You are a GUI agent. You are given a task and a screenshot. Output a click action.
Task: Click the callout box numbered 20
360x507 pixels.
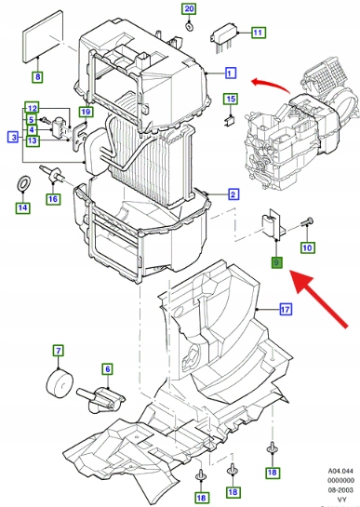click(189, 8)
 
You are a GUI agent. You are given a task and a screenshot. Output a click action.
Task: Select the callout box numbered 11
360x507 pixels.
click(258, 33)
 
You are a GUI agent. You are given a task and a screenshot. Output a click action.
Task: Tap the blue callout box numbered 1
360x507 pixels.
click(230, 73)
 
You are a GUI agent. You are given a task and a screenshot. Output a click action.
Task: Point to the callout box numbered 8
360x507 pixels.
click(38, 76)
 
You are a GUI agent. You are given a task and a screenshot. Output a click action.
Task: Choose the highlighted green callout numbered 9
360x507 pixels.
click(276, 262)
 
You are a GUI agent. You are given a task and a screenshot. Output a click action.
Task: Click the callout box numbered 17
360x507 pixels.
click(286, 310)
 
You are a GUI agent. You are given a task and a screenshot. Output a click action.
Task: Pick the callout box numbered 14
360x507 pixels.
click(22, 207)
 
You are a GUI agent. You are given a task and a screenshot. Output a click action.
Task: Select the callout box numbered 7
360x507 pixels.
click(59, 351)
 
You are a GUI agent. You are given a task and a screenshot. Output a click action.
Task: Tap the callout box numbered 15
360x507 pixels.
click(231, 99)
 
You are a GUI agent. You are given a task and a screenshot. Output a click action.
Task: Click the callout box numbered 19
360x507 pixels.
click(86, 112)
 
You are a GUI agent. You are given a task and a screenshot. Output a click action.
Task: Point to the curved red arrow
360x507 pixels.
click(271, 84)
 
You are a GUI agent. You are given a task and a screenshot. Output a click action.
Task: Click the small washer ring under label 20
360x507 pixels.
click(189, 26)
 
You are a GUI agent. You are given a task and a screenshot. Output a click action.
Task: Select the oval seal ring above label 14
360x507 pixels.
click(23, 183)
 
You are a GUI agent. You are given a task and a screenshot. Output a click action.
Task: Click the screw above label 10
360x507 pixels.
click(307, 222)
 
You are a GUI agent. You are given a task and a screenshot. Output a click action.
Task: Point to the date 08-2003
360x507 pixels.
click(340, 490)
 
